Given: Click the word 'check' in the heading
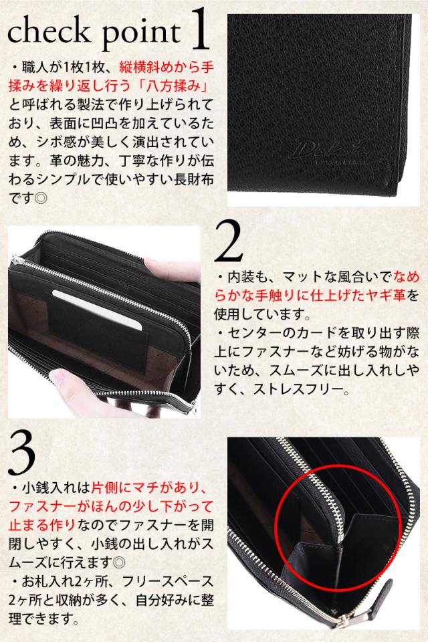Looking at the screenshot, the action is (48, 31).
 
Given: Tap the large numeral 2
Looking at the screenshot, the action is (229, 241).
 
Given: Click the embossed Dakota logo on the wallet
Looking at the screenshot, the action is (331, 151).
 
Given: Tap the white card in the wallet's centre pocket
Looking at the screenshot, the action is (98, 310).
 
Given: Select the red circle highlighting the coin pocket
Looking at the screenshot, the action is (276, 528).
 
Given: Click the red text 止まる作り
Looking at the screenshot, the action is (41, 526).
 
